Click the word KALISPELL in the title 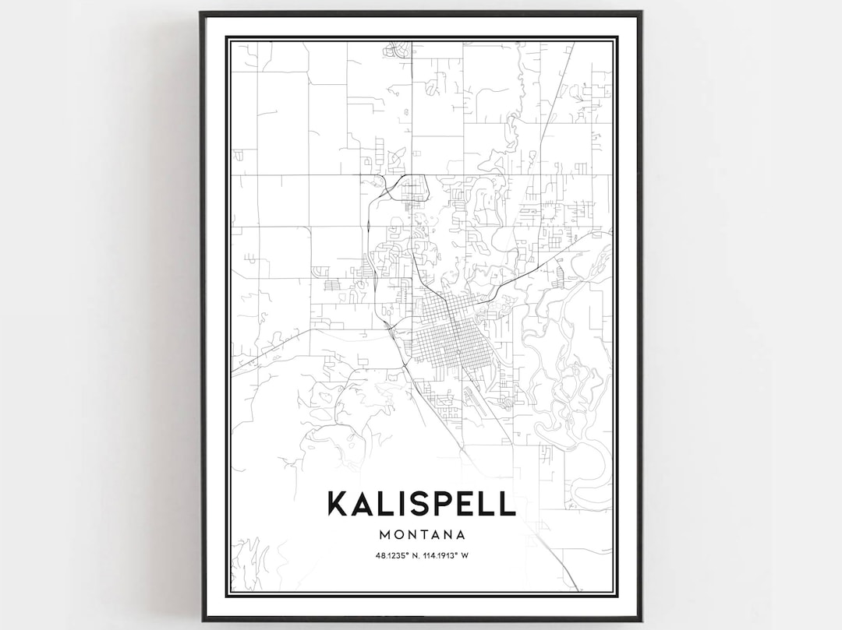(421, 503)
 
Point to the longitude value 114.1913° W (446, 555)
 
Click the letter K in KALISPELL (338, 503)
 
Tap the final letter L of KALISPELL (508, 503)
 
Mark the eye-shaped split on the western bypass (366, 227)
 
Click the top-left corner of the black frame (202, 13)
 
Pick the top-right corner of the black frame (640, 13)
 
